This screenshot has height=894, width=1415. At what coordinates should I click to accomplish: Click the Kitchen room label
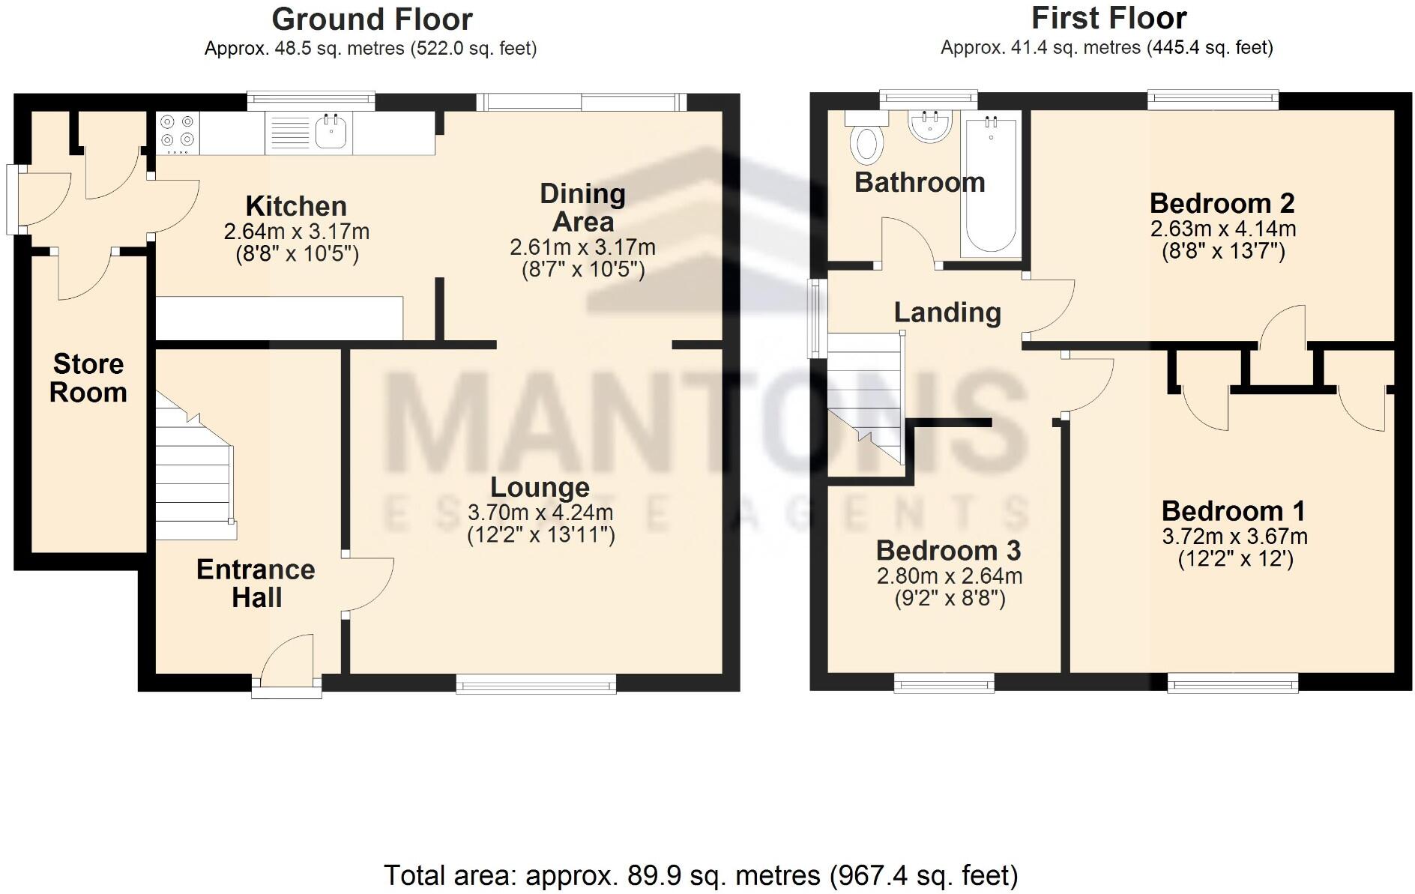[x=296, y=206]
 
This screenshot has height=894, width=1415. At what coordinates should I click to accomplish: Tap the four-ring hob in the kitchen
[x=178, y=132]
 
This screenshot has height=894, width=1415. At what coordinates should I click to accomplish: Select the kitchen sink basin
[x=331, y=132]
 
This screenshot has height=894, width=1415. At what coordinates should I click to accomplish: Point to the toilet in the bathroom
[x=866, y=142]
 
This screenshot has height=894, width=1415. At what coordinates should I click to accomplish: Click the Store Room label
[x=88, y=378]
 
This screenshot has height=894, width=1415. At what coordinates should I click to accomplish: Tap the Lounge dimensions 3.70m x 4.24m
[x=540, y=513]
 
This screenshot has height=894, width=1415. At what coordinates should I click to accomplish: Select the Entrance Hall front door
[x=287, y=663]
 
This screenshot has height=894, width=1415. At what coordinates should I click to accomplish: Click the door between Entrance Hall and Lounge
[x=369, y=585]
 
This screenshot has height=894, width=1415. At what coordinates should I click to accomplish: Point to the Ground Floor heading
[x=372, y=19]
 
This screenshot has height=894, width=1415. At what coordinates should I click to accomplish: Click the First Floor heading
[x=1108, y=18]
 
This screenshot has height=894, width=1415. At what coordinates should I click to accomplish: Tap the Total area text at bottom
[x=700, y=875]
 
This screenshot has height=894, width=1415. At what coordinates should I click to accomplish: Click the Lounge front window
[x=536, y=683]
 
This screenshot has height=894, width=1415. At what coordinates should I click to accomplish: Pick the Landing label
[x=947, y=312]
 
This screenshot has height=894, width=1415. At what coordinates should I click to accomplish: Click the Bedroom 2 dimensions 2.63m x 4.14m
[x=1222, y=229]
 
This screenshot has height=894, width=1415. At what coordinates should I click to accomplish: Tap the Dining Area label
[x=582, y=208]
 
